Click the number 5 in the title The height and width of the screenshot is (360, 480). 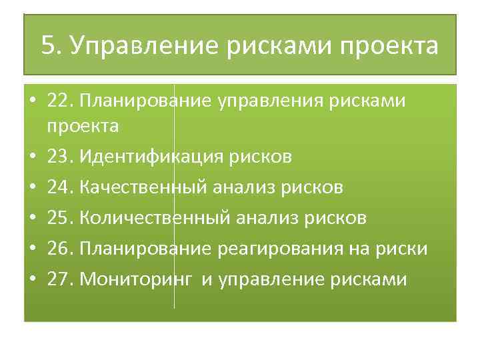[47, 46]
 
